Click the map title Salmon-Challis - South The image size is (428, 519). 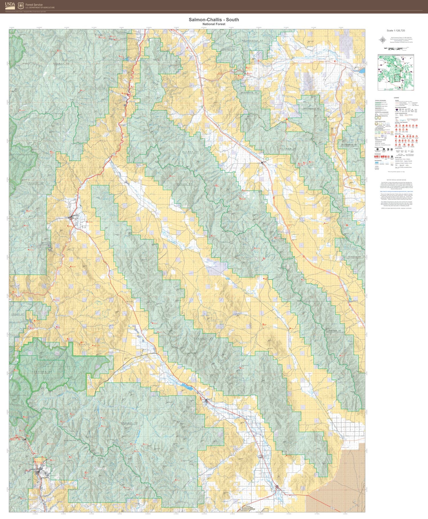click(x=214, y=20)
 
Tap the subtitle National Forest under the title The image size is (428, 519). click(x=214, y=24)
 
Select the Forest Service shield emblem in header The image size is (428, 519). click(x=21, y=6)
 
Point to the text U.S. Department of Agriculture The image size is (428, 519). click(x=40, y=7)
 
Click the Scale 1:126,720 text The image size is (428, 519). click(x=396, y=31)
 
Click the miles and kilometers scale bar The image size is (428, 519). click(x=395, y=49)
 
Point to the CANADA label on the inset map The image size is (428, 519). click(x=396, y=55)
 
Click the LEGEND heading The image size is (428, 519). click(x=396, y=98)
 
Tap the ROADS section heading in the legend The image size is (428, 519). click(x=397, y=100)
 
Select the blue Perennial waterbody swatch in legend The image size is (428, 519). click(x=377, y=163)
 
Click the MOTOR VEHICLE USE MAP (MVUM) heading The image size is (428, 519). click(x=396, y=181)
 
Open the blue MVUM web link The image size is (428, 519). click(x=396, y=191)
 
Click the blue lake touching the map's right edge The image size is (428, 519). click(x=362, y=70)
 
